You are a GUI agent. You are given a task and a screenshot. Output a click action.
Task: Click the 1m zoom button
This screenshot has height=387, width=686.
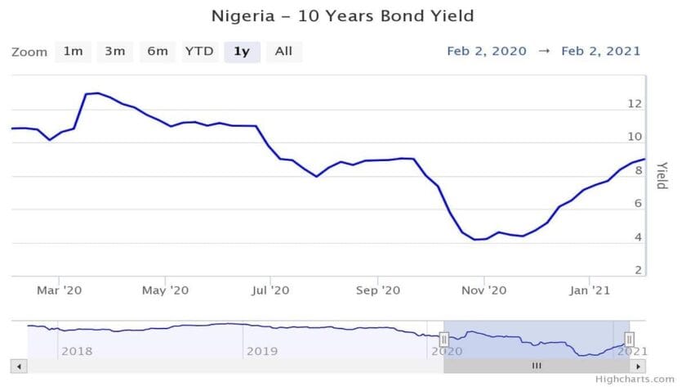73,52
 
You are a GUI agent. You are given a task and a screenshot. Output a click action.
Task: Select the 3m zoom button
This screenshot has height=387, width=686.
114,52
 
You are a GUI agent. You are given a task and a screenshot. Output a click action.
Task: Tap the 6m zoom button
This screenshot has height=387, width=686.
158,52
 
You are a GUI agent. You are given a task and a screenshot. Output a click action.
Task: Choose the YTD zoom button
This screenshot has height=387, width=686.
199,52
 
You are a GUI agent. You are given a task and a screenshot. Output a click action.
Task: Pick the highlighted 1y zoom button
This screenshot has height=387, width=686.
242,52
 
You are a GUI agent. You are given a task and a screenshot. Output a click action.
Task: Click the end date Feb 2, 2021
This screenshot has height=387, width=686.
600,51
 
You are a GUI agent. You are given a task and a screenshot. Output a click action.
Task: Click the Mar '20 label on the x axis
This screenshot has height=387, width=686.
60,290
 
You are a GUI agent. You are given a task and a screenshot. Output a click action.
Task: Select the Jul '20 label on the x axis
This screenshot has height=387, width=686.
270,290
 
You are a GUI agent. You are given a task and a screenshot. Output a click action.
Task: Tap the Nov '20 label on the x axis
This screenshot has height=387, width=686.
485,290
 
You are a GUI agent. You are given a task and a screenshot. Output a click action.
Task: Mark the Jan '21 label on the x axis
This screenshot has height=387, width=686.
589,290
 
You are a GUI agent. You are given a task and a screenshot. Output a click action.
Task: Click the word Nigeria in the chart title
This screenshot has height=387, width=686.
240,16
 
